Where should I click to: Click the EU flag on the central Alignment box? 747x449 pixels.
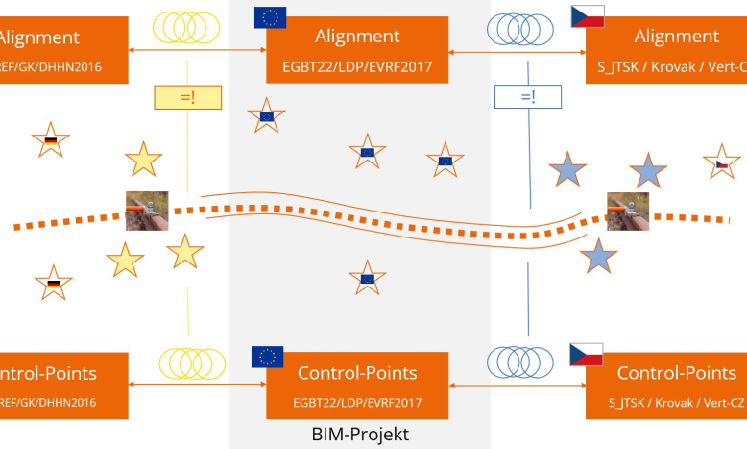click(270, 16)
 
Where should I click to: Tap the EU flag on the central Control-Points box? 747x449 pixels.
click(267, 357)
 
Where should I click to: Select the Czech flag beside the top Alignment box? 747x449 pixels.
click(587, 16)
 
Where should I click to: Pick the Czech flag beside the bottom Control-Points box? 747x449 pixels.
click(586, 353)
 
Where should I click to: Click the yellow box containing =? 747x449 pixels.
click(187, 96)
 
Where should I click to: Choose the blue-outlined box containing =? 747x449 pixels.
click(527, 96)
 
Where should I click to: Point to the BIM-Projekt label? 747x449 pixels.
click(360, 435)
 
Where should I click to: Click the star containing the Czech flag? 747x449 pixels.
click(721, 162)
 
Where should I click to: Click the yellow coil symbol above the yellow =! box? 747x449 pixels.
click(187, 25)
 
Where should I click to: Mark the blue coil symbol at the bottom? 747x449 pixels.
click(519, 362)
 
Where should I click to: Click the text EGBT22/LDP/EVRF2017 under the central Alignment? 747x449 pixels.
click(357, 68)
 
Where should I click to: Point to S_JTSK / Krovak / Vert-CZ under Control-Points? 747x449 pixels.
click(676, 403)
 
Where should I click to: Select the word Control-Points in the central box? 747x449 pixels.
click(357, 373)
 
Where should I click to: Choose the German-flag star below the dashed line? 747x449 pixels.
click(53, 283)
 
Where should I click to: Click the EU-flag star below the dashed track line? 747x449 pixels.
click(367, 278)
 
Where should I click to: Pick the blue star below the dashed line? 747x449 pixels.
click(598, 256)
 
